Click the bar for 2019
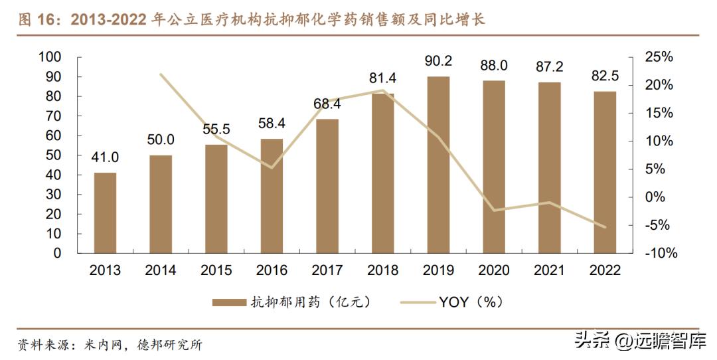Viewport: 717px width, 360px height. (438, 165)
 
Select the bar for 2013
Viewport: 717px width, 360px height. (105, 213)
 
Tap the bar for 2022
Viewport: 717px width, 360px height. (605, 172)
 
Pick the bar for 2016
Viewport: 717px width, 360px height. (272, 196)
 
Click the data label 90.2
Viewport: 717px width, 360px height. (438, 61)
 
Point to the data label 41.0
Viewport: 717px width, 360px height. (105, 157)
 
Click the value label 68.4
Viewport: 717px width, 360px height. (327, 104)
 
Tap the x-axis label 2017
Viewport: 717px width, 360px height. (327, 270)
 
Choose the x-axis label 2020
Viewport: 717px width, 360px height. (494, 270)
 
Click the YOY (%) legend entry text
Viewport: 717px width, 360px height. (471, 303)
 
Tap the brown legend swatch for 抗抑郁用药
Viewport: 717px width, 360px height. (229, 303)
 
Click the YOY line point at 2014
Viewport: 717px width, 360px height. (161, 74)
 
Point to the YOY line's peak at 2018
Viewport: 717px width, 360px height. (383, 90)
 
